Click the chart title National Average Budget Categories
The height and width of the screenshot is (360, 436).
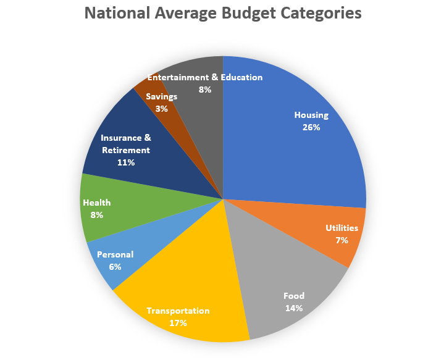pyautogui.click(x=222, y=14)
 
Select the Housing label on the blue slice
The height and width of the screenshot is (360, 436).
pyautogui.click(x=311, y=115)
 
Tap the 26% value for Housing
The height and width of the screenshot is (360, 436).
pyautogui.click(x=311, y=127)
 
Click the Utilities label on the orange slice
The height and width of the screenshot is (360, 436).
pyautogui.click(x=342, y=228)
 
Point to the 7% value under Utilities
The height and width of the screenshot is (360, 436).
pyautogui.click(x=342, y=240)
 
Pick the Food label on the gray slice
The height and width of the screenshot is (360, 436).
pyautogui.click(x=294, y=295)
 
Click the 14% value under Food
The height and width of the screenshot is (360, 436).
pyautogui.click(x=294, y=308)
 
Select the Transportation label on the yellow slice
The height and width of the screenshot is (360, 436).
pyautogui.click(x=178, y=311)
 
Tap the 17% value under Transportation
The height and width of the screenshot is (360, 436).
pyautogui.click(x=178, y=322)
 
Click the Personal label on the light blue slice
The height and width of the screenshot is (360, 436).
pyautogui.click(x=115, y=254)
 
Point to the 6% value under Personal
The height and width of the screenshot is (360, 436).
pyautogui.click(x=115, y=267)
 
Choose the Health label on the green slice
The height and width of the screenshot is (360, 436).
pyautogui.click(x=96, y=203)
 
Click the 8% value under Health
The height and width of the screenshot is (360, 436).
pyautogui.click(x=96, y=215)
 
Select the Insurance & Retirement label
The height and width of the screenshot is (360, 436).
pyautogui.click(x=125, y=144)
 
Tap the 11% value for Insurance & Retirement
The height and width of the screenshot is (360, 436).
pyautogui.click(x=125, y=162)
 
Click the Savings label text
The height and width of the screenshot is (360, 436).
pyautogui.click(x=161, y=96)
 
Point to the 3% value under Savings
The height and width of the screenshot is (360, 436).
pyautogui.click(x=161, y=108)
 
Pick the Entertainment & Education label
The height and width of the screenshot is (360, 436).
pyautogui.click(x=204, y=77)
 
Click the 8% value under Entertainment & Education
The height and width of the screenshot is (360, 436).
pyautogui.click(x=204, y=90)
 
